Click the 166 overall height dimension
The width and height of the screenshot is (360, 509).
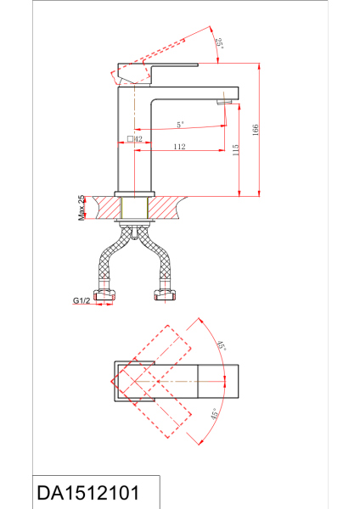pos(256,130)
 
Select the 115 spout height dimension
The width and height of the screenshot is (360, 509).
pos(236,150)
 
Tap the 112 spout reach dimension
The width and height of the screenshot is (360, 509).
pos(179,147)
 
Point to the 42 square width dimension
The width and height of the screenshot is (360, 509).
pos(138,139)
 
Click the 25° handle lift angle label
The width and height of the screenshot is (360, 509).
pos(219,43)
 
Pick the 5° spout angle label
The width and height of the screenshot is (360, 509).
pos(180,125)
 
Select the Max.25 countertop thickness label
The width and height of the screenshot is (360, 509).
pos(82,208)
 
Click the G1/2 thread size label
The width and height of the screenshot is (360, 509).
pos(82,300)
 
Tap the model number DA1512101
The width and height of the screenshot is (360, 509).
pos(88,493)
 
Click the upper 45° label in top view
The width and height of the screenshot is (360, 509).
pos(222,345)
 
